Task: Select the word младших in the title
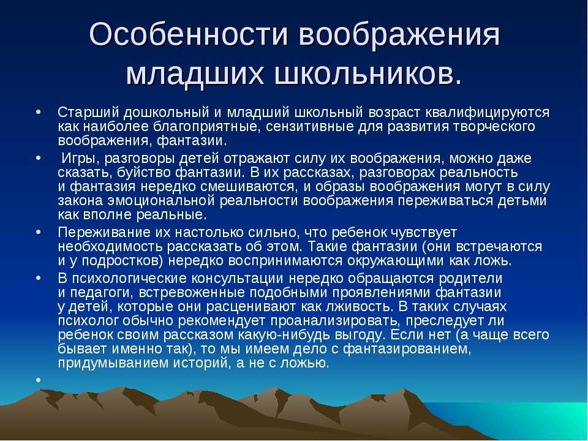click(x=195, y=74)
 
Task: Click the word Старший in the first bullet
click(x=88, y=112)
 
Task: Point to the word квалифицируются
click(x=488, y=113)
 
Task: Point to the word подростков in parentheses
click(x=122, y=261)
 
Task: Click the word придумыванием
click(x=113, y=363)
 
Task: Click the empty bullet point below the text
click(x=38, y=380)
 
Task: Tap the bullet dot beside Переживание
click(x=38, y=233)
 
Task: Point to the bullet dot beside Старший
click(x=38, y=112)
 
